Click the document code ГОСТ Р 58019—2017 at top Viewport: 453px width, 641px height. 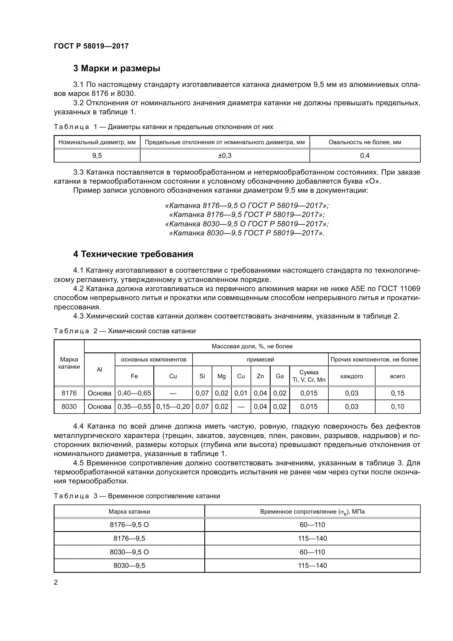91,46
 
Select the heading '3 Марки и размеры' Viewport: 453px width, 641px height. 117,69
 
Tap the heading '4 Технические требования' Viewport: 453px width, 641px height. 133,254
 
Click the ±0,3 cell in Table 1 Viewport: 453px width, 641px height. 225,156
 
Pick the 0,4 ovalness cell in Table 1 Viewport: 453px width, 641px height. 365,156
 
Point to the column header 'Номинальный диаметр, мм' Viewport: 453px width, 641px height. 97,143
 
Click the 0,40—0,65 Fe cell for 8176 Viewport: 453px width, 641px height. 134,393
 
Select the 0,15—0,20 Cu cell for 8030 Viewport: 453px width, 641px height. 173,407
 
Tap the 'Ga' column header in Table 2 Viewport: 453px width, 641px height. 280,376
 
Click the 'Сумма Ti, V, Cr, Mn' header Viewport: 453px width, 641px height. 309,376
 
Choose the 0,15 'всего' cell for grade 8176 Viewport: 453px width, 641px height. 397,393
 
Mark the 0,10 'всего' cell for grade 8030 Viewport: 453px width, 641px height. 397,407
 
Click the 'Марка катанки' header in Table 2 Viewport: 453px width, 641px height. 69,363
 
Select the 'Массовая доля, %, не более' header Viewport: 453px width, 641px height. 252,346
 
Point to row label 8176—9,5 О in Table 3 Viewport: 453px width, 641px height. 129,525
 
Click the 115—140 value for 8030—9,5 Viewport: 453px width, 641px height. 312,566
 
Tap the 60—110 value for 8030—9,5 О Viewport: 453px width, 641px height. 312,552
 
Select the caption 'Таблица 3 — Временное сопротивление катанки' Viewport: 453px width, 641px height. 137,496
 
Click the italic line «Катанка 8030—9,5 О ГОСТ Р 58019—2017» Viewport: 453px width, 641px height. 247,224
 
